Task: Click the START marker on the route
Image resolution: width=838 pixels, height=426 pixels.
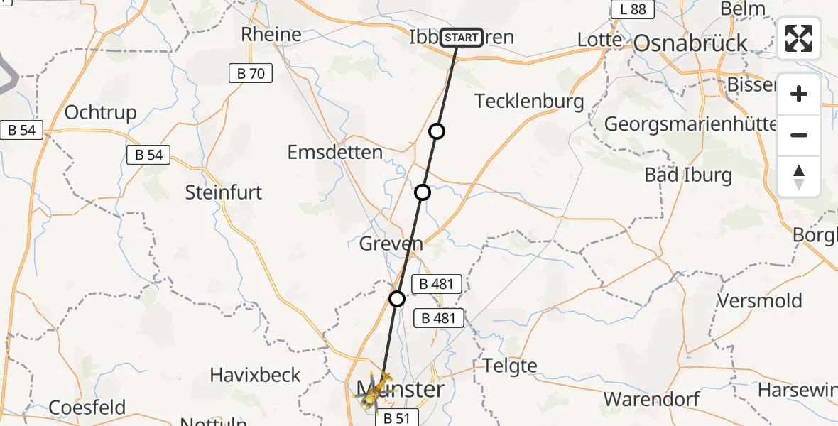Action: point(462,37)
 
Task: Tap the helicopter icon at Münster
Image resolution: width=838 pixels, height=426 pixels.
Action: point(375,392)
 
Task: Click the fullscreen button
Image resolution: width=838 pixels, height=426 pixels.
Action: point(799,38)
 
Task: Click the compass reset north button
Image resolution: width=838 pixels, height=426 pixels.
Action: point(799,177)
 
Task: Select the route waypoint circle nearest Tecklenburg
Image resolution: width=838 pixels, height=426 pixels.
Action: point(437,131)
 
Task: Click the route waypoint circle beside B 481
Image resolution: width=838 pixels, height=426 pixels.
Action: point(397,299)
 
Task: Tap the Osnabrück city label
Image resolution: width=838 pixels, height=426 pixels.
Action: point(690,43)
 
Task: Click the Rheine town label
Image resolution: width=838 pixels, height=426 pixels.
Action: point(271,34)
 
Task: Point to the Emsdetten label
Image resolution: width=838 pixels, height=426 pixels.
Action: point(334,152)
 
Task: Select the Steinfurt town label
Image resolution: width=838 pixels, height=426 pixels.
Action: point(224,192)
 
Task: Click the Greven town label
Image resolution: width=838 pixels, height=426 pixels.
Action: point(391,244)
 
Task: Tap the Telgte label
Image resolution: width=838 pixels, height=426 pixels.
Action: point(510,366)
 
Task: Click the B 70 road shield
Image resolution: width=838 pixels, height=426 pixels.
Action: point(251,72)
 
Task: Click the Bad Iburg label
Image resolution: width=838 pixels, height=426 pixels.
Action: point(687,174)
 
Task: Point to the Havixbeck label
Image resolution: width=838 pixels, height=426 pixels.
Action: point(256,375)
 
